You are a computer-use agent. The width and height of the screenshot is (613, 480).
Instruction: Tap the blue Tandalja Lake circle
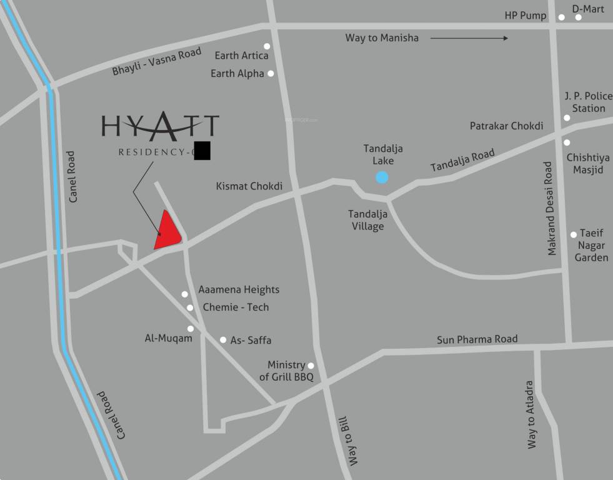pos(382,177)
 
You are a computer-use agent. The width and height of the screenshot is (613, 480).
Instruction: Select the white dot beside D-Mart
pos(579,17)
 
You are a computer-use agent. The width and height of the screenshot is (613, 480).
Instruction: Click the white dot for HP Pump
pos(562,17)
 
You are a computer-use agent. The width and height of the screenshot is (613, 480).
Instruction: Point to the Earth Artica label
pos(241,56)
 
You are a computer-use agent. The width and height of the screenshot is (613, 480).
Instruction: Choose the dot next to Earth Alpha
pos(271,73)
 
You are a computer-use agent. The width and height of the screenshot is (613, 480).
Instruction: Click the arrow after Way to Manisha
pos(469,38)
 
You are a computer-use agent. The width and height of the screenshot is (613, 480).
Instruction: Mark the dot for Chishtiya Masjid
pos(567,142)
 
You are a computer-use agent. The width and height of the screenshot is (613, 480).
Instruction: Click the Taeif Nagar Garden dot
pos(574,235)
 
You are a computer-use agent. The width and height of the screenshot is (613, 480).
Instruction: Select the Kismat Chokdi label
pos(249,186)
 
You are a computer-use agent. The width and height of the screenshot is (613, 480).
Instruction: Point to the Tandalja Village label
pos(367,220)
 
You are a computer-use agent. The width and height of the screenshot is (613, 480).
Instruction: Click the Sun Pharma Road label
pos(477,339)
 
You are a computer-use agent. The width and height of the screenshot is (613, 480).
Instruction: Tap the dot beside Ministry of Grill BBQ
pos(311,366)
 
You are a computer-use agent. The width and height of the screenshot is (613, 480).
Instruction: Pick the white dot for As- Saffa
pos(223,340)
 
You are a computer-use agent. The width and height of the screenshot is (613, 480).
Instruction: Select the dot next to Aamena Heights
pos(185,294)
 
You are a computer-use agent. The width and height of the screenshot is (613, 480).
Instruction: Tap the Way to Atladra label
pos(532,414)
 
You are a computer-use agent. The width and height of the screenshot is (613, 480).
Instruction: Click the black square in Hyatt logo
pos(202,151)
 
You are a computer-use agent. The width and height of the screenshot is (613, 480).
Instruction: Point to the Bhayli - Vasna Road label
pos(157,62)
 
